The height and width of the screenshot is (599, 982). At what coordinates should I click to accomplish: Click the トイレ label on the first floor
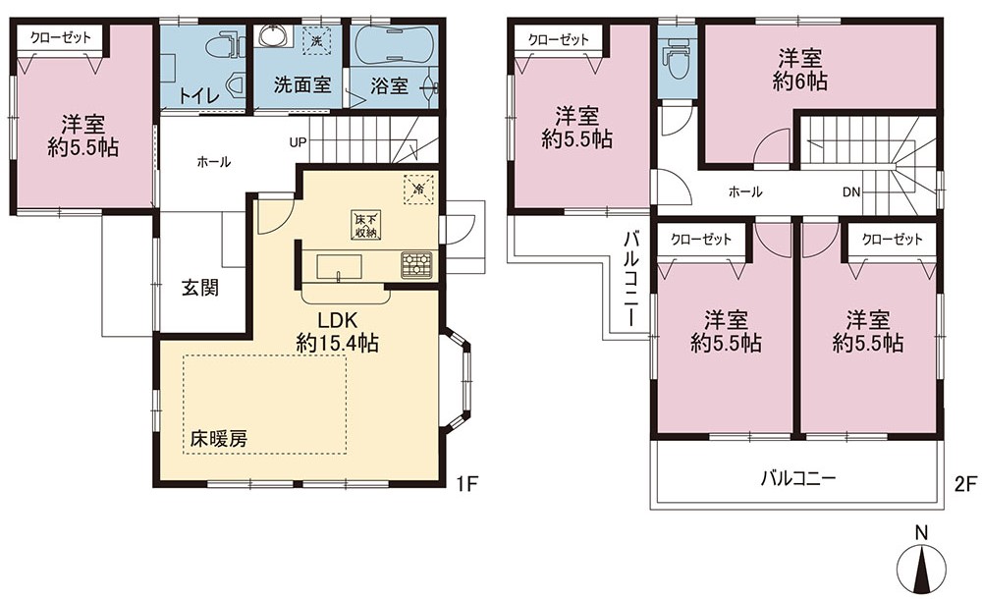198,95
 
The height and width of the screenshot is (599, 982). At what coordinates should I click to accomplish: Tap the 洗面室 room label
301,84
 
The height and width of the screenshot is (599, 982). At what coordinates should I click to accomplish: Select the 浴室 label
388,85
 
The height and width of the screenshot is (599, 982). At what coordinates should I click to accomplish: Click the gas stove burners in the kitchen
415,264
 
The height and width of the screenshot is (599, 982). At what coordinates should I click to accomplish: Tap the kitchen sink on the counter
338,266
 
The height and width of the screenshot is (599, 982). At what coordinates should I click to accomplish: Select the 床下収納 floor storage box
366,225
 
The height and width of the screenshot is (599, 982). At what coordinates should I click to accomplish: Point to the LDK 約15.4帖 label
337,331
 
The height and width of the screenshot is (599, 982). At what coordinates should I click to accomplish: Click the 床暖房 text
219,439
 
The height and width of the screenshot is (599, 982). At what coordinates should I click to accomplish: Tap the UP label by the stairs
298,142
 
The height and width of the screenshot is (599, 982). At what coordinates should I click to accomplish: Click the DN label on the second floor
851,192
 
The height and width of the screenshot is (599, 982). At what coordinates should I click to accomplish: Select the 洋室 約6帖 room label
799,70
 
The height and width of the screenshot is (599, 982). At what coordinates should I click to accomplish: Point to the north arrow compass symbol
922,567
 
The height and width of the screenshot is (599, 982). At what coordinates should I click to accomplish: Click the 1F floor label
467,484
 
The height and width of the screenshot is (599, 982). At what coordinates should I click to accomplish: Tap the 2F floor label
965,484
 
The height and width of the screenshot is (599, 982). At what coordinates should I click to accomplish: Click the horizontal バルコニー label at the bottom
797,479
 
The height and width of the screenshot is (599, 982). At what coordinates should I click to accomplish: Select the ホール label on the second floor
745,191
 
